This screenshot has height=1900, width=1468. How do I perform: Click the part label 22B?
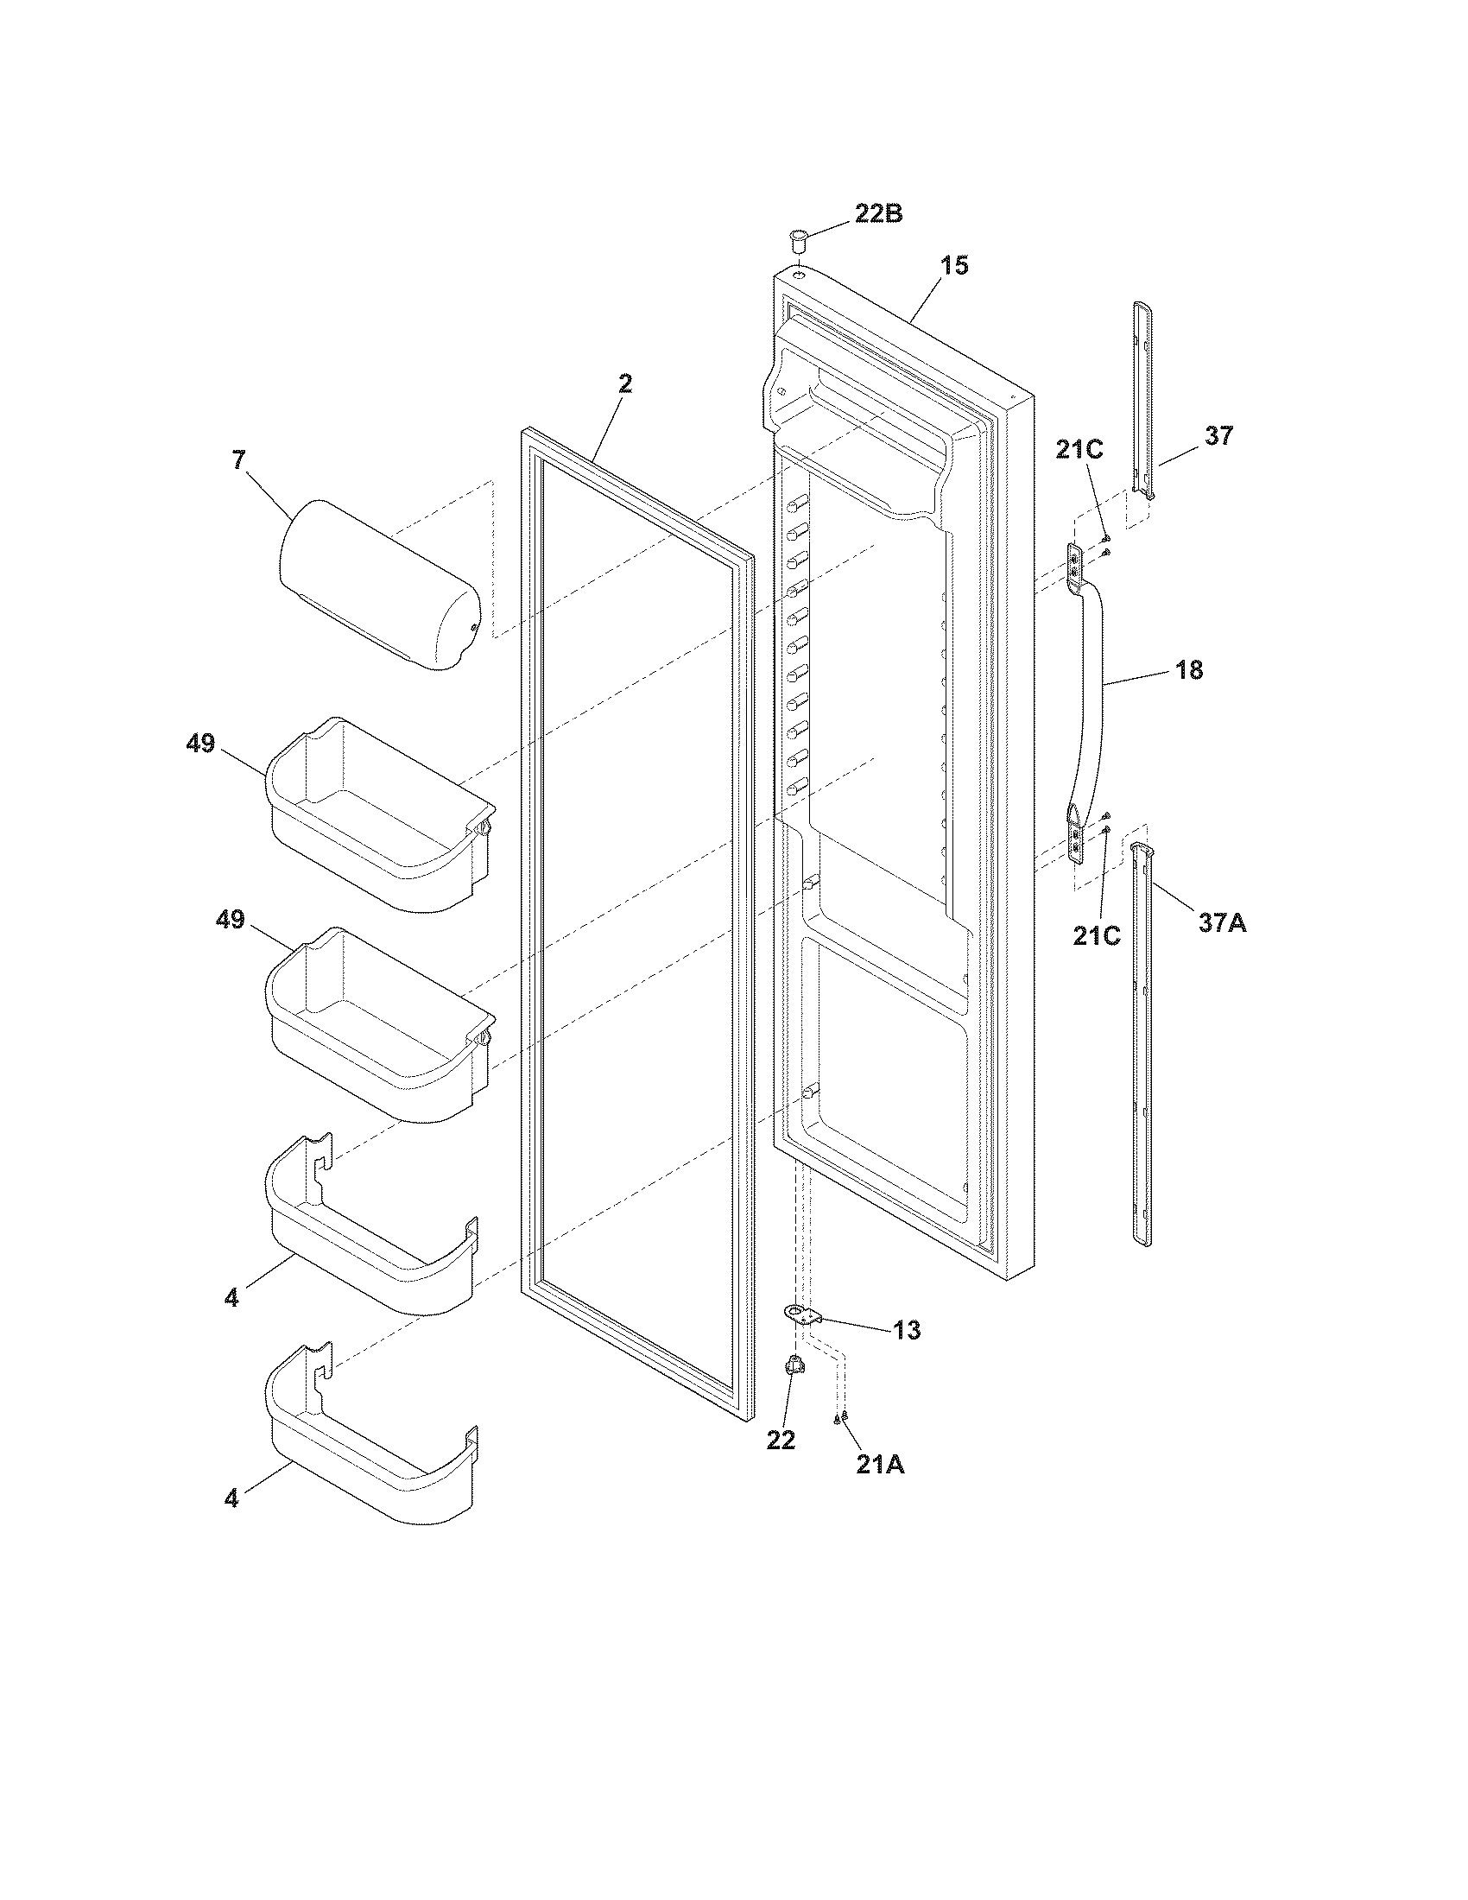click(x=877, y=213)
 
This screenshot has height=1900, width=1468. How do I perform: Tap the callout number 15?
click(x=954, y=266)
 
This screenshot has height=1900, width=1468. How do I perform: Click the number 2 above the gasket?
click(x=625, y=383)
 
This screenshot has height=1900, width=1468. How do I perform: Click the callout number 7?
click(x=238, y=460)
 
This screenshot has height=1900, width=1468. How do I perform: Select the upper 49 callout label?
click(x=201, y=744)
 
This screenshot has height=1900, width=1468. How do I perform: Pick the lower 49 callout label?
click(x=231, y=920)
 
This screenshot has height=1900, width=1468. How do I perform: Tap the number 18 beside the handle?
click(x=1189, y=670)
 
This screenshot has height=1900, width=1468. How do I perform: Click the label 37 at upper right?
click(x=1218, y=436)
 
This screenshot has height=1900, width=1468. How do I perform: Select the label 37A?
click(x=1222, y=922)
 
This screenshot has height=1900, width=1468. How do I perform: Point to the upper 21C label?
click(x=1079, y=450)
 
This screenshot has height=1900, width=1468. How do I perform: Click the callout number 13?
click(x=906, y=1354)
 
